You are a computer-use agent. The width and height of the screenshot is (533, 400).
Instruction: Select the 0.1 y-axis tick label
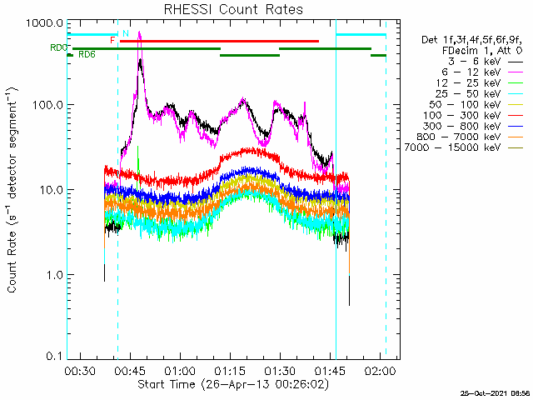click(52, 356)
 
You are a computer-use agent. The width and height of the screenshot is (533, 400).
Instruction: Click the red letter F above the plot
click(112, 40)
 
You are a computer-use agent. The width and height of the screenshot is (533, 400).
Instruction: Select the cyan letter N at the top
click(125, 33)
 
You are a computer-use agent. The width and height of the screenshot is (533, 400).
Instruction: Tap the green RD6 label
click(87, 55)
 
